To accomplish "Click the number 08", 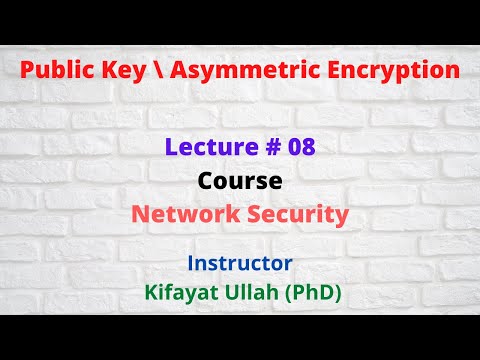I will tap(299, 148).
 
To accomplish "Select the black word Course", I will tap(240, 182).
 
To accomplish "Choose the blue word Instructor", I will tap(240, 264).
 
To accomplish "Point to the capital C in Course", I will tap(204, 182).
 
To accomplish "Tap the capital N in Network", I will tap(141, 214).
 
